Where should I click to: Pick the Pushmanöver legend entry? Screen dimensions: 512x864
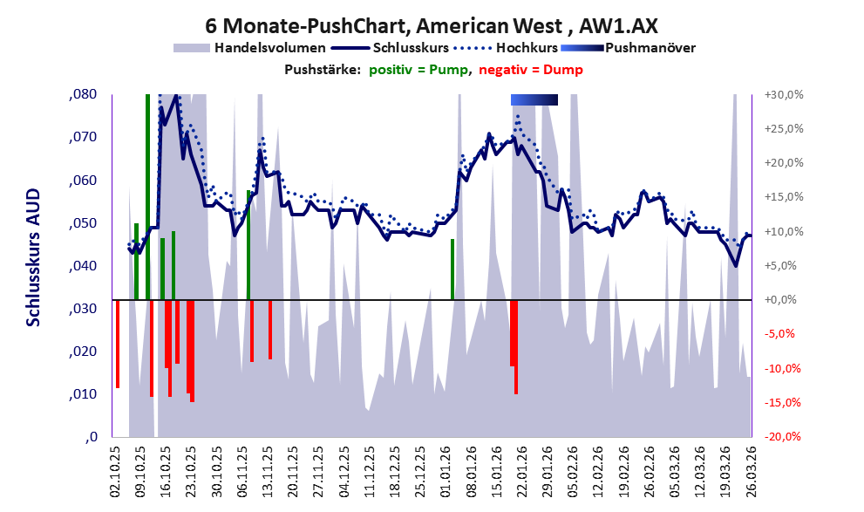click(x=650, y=47)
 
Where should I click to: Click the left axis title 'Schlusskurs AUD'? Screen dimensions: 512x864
click(x=33, y=257)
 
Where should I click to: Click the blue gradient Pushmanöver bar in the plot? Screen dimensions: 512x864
click(x=534, y=100)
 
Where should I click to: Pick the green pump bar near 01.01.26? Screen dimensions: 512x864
click(x=452, y=269)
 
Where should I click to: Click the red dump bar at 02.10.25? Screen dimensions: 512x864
click(x=117, y=344)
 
